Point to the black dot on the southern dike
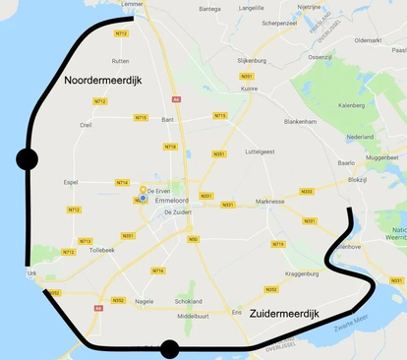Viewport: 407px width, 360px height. tap(169, 348)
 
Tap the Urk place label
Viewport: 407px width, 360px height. tap(32, 272)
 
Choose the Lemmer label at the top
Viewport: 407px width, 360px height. tap(132, 5)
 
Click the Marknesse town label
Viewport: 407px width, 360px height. tap(269, 201)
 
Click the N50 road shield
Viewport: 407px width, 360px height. tap(194, 239)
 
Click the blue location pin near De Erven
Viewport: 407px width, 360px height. tap(144, 198)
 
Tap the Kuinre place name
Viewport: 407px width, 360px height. tap(249, 89)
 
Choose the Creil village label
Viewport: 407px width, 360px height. tap(86, 125)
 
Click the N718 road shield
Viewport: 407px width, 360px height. tap(171, 147)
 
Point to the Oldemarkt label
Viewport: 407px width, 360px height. tap(368, 40)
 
